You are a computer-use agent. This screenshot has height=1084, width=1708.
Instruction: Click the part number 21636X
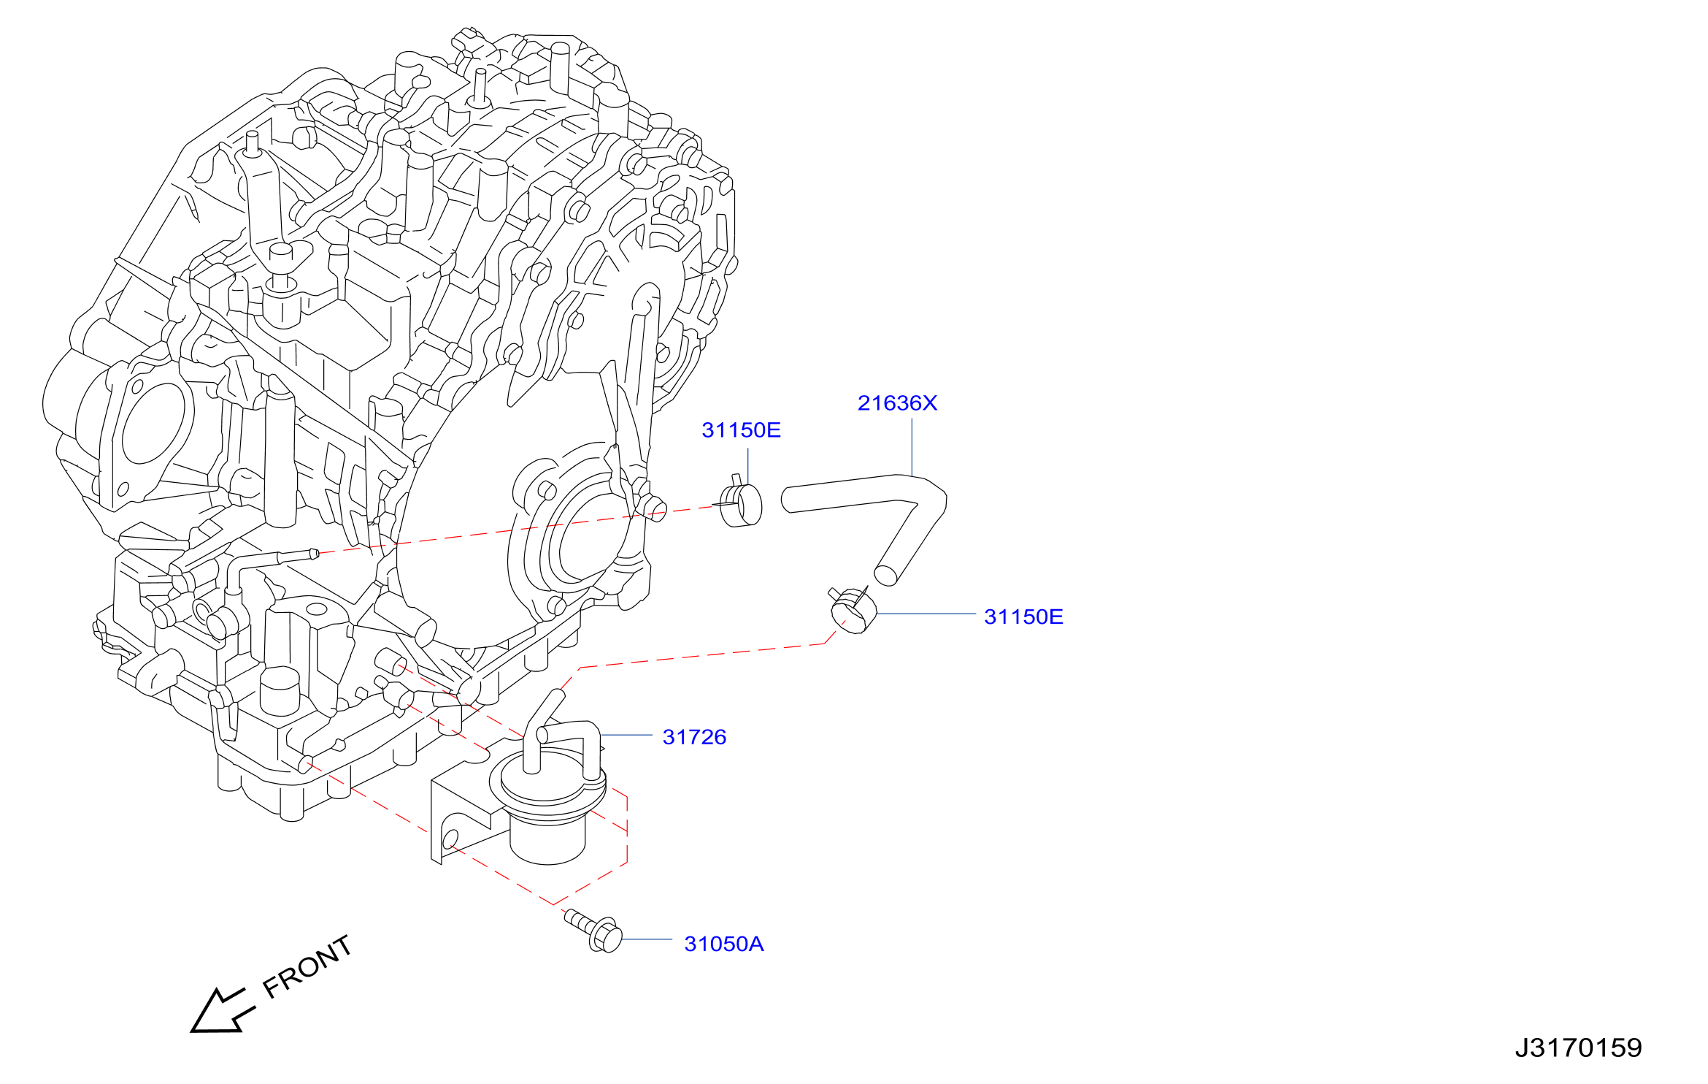click(x=897, y=403)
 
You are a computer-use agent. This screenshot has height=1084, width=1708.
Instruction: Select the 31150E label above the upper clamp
click(x=741, y=430)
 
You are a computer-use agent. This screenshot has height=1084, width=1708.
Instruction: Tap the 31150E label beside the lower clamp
click(x=1023, y=617)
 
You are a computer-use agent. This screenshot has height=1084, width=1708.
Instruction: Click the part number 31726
click(x=694, y=737)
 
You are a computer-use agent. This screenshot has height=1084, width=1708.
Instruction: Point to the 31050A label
click(x=724, y=944)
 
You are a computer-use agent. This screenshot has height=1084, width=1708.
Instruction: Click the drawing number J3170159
click(x=1578, y=1048)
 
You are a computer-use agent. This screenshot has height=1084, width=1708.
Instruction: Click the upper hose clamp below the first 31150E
click(x=740, y=503)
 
